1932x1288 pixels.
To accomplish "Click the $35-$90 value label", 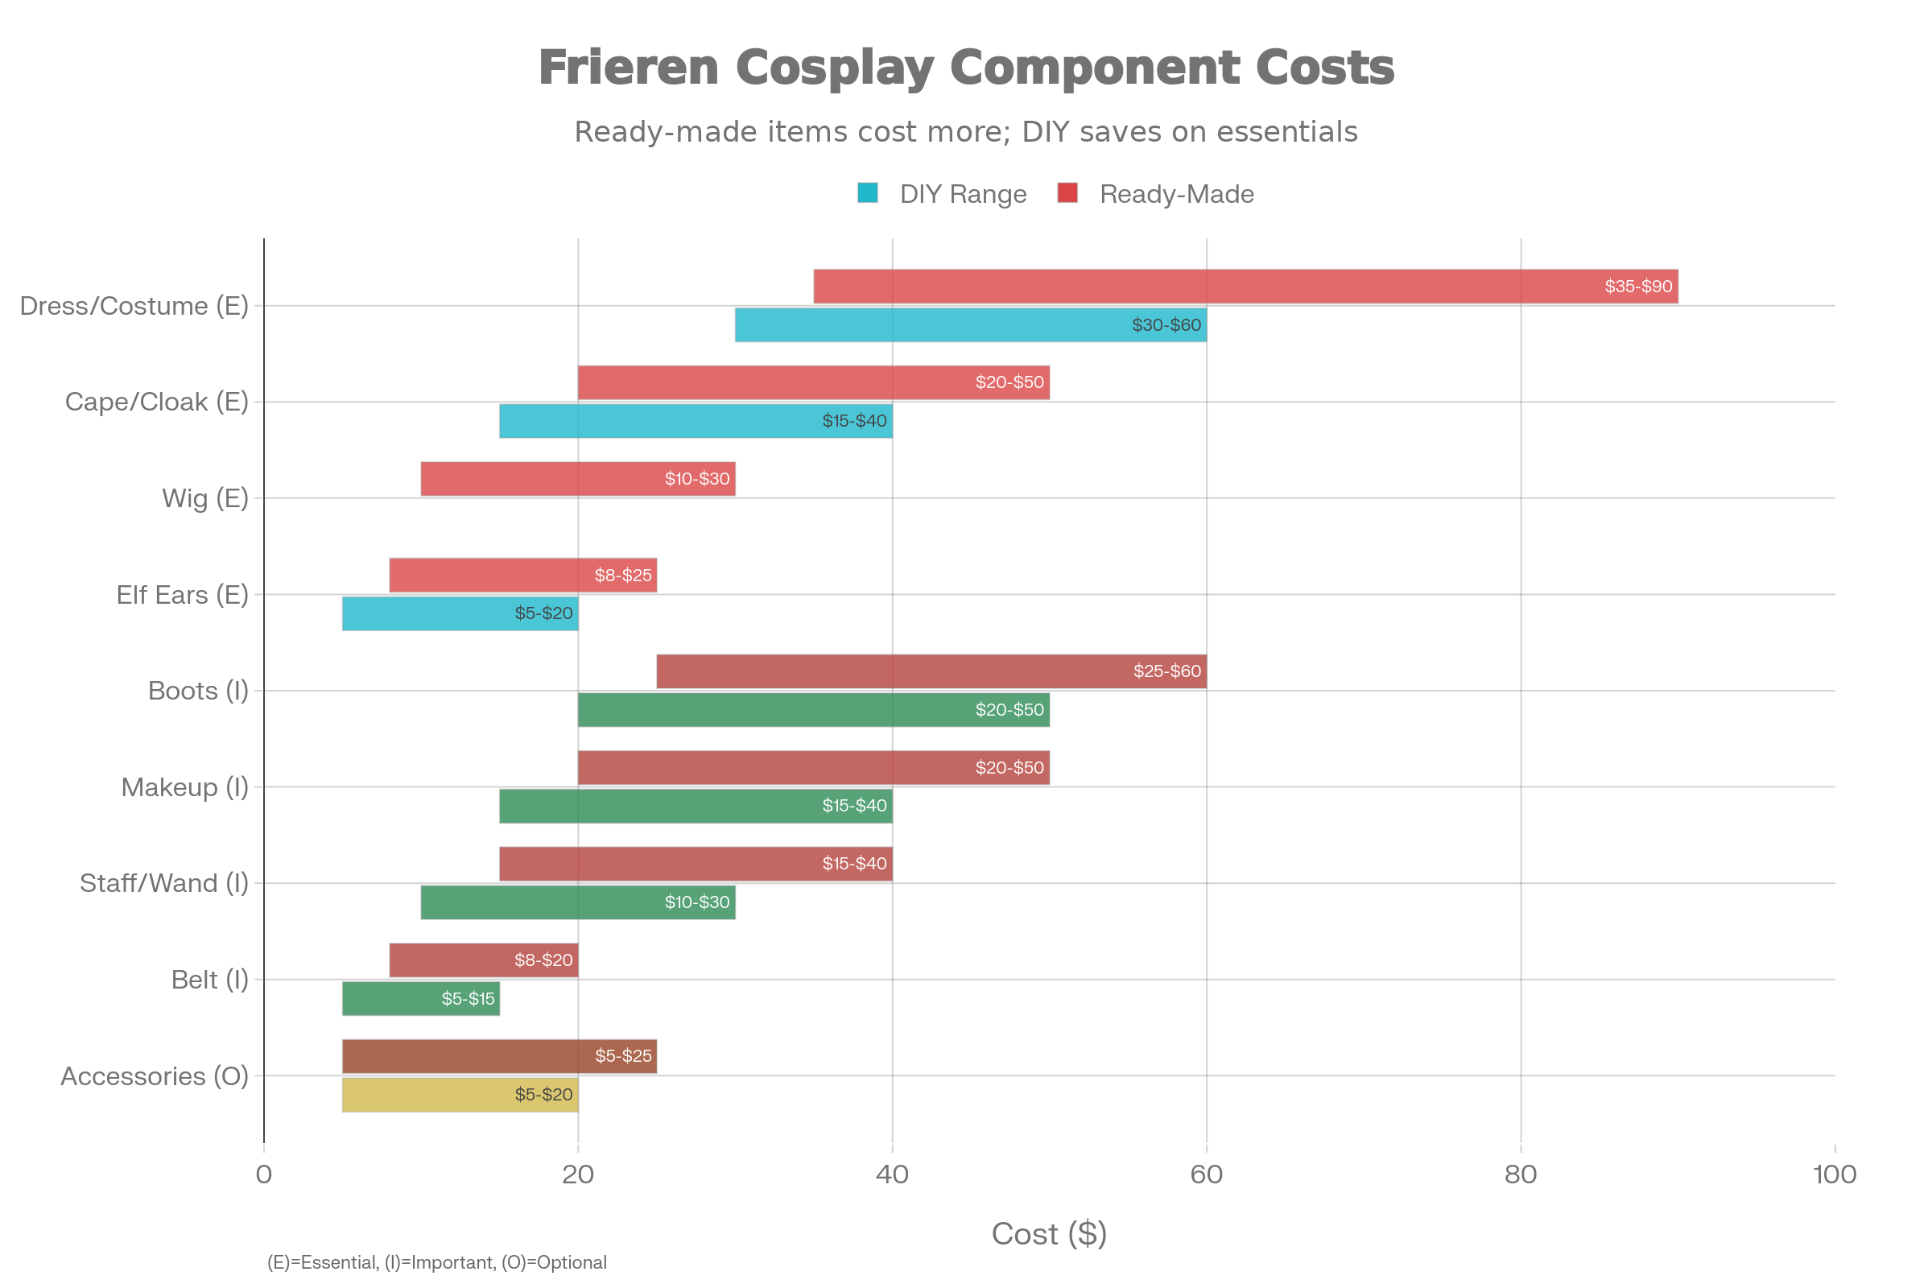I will [1638, 287].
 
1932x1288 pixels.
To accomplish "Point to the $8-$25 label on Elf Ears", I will [622, 575].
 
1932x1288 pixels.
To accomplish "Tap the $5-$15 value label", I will [469, 999].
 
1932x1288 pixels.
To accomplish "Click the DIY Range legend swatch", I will [868, 193].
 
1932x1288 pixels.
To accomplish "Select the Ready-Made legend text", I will [1176, 194].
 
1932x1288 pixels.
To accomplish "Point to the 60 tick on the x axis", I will [1206, 1174].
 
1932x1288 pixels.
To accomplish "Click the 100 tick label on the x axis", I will [1835, 1174].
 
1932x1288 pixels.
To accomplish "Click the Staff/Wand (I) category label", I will [163, 883].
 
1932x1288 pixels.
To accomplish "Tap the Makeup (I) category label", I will [184, 787].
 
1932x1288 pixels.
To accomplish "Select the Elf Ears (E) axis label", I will [182, 595].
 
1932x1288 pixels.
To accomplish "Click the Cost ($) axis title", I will [1049, 1234].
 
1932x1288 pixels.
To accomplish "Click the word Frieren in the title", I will [629, 68].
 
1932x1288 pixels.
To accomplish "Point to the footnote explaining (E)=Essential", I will [436, 1262].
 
